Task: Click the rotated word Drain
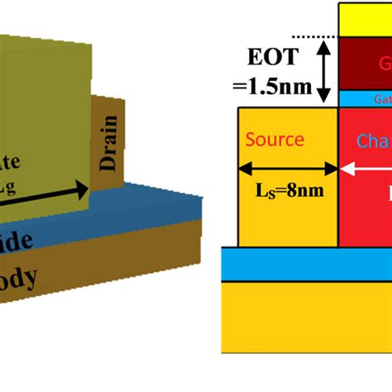pyautogui.click(x=109, y=142)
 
